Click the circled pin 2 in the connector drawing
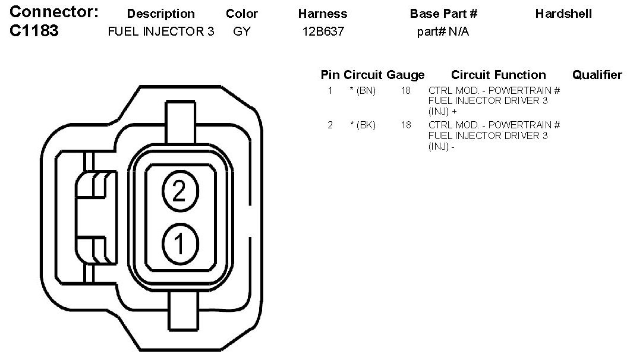click(x=180, y=191)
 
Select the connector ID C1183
click(x=34, y=30)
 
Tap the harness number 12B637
click(x=323, y=31)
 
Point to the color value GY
click(x=242, y=31)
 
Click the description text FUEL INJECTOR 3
click(x=160, y=31)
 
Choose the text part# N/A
click(x=443, y=31)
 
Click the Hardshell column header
click(x=563, y=14)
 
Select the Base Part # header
click(x=443, y=14)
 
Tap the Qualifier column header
click(x=597, y=75)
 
